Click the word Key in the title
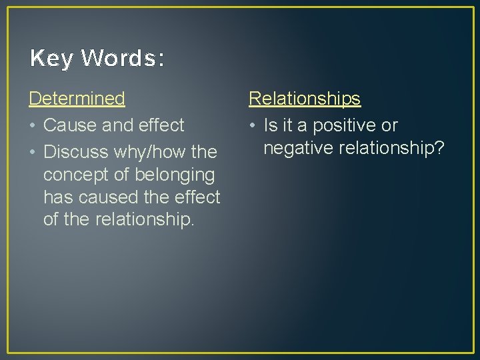(x=51, y=59)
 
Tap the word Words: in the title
(x=123, y=59)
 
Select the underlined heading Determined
(x=77, y=99)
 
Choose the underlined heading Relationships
(x=305, y=99)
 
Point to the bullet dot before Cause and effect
(x=33, y=126)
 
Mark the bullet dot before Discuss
(x=33, y=153)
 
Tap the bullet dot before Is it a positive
(x=253, y=126)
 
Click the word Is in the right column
(x=270, y=125)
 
